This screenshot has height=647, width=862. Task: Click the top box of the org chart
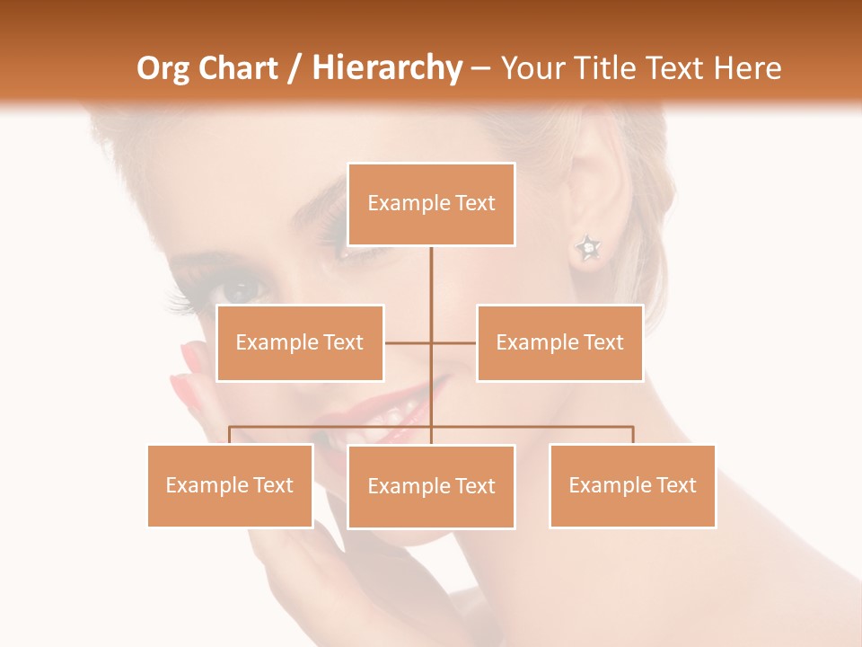point(431,204)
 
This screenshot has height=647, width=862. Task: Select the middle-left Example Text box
point(300,342)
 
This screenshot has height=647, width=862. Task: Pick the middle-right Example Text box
point(559,342)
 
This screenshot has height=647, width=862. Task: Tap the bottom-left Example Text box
point(230,485)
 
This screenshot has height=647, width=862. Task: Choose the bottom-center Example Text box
point(431,486)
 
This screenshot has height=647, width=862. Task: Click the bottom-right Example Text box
point(632,485)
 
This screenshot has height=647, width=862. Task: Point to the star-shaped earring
point(587,247)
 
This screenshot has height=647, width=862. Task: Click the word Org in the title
point(164,68)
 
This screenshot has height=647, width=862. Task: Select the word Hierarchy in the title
point(386,68)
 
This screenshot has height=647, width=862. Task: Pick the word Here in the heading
point(744,68)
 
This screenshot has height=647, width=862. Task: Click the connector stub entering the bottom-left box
point(230,435)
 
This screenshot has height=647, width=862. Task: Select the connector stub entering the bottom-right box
point(632,435)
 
